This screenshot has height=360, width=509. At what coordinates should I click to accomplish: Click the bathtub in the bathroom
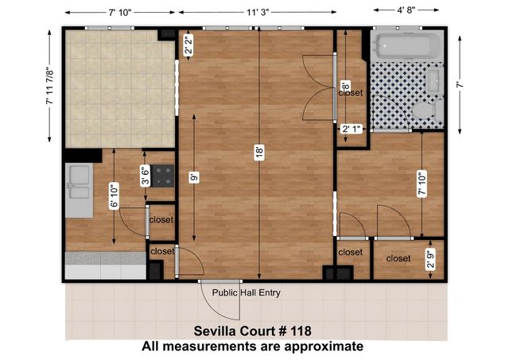pyautogui.click(x=407, y=45)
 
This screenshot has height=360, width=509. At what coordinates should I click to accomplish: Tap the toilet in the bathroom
pyautogui.click(x=428, y=110)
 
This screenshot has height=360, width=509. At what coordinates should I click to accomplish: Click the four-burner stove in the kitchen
pyautogui.click(x=162, y=176)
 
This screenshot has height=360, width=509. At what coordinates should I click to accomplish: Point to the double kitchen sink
pyautogui.click(x=79, y=190)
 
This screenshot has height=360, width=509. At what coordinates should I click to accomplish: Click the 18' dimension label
pyautogui.click(x=259, y=153)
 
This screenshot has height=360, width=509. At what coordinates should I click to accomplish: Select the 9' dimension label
pyautogui.click(x=194, y=177)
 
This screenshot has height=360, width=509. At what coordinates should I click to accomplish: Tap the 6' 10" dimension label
pyautogui.click(x=114, y=195)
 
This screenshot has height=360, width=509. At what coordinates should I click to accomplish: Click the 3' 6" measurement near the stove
pyautogui.click(x=145, y=176)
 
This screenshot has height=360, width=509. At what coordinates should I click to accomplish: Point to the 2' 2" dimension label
pyautogui.click(x=189, y=45)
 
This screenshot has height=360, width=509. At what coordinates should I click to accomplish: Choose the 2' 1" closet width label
pyautogui.click(x=352, y=129)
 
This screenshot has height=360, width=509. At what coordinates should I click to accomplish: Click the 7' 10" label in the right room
pyautogui.click(x=422, y=184)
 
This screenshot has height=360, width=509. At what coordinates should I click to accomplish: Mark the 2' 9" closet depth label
pyautogui.click(x=430, y=259)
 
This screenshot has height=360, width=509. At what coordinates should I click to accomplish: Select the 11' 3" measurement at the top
pyautogui.click(x=258, y=13)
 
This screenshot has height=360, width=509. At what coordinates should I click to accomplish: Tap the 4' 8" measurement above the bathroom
pyautogui.click(x=406, y=10)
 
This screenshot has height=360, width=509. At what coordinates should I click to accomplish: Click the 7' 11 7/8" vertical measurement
pyautogui.click(x=49, y=86)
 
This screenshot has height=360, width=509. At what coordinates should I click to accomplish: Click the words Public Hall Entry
pyautogui.click(x=246, y=293)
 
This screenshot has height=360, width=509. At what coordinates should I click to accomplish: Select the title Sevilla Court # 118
pyautogui.click(x=253, y=331)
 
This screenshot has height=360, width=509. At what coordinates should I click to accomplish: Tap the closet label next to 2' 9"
pyautogui.click(x=398, y=258)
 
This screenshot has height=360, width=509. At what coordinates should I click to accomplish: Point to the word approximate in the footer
pyautogui.click(x=324, y=346)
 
